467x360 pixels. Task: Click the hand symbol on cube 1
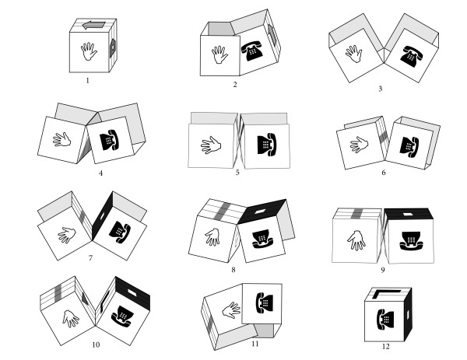click(x=86, y=51)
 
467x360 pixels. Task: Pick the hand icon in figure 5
click(x=212, y=145)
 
